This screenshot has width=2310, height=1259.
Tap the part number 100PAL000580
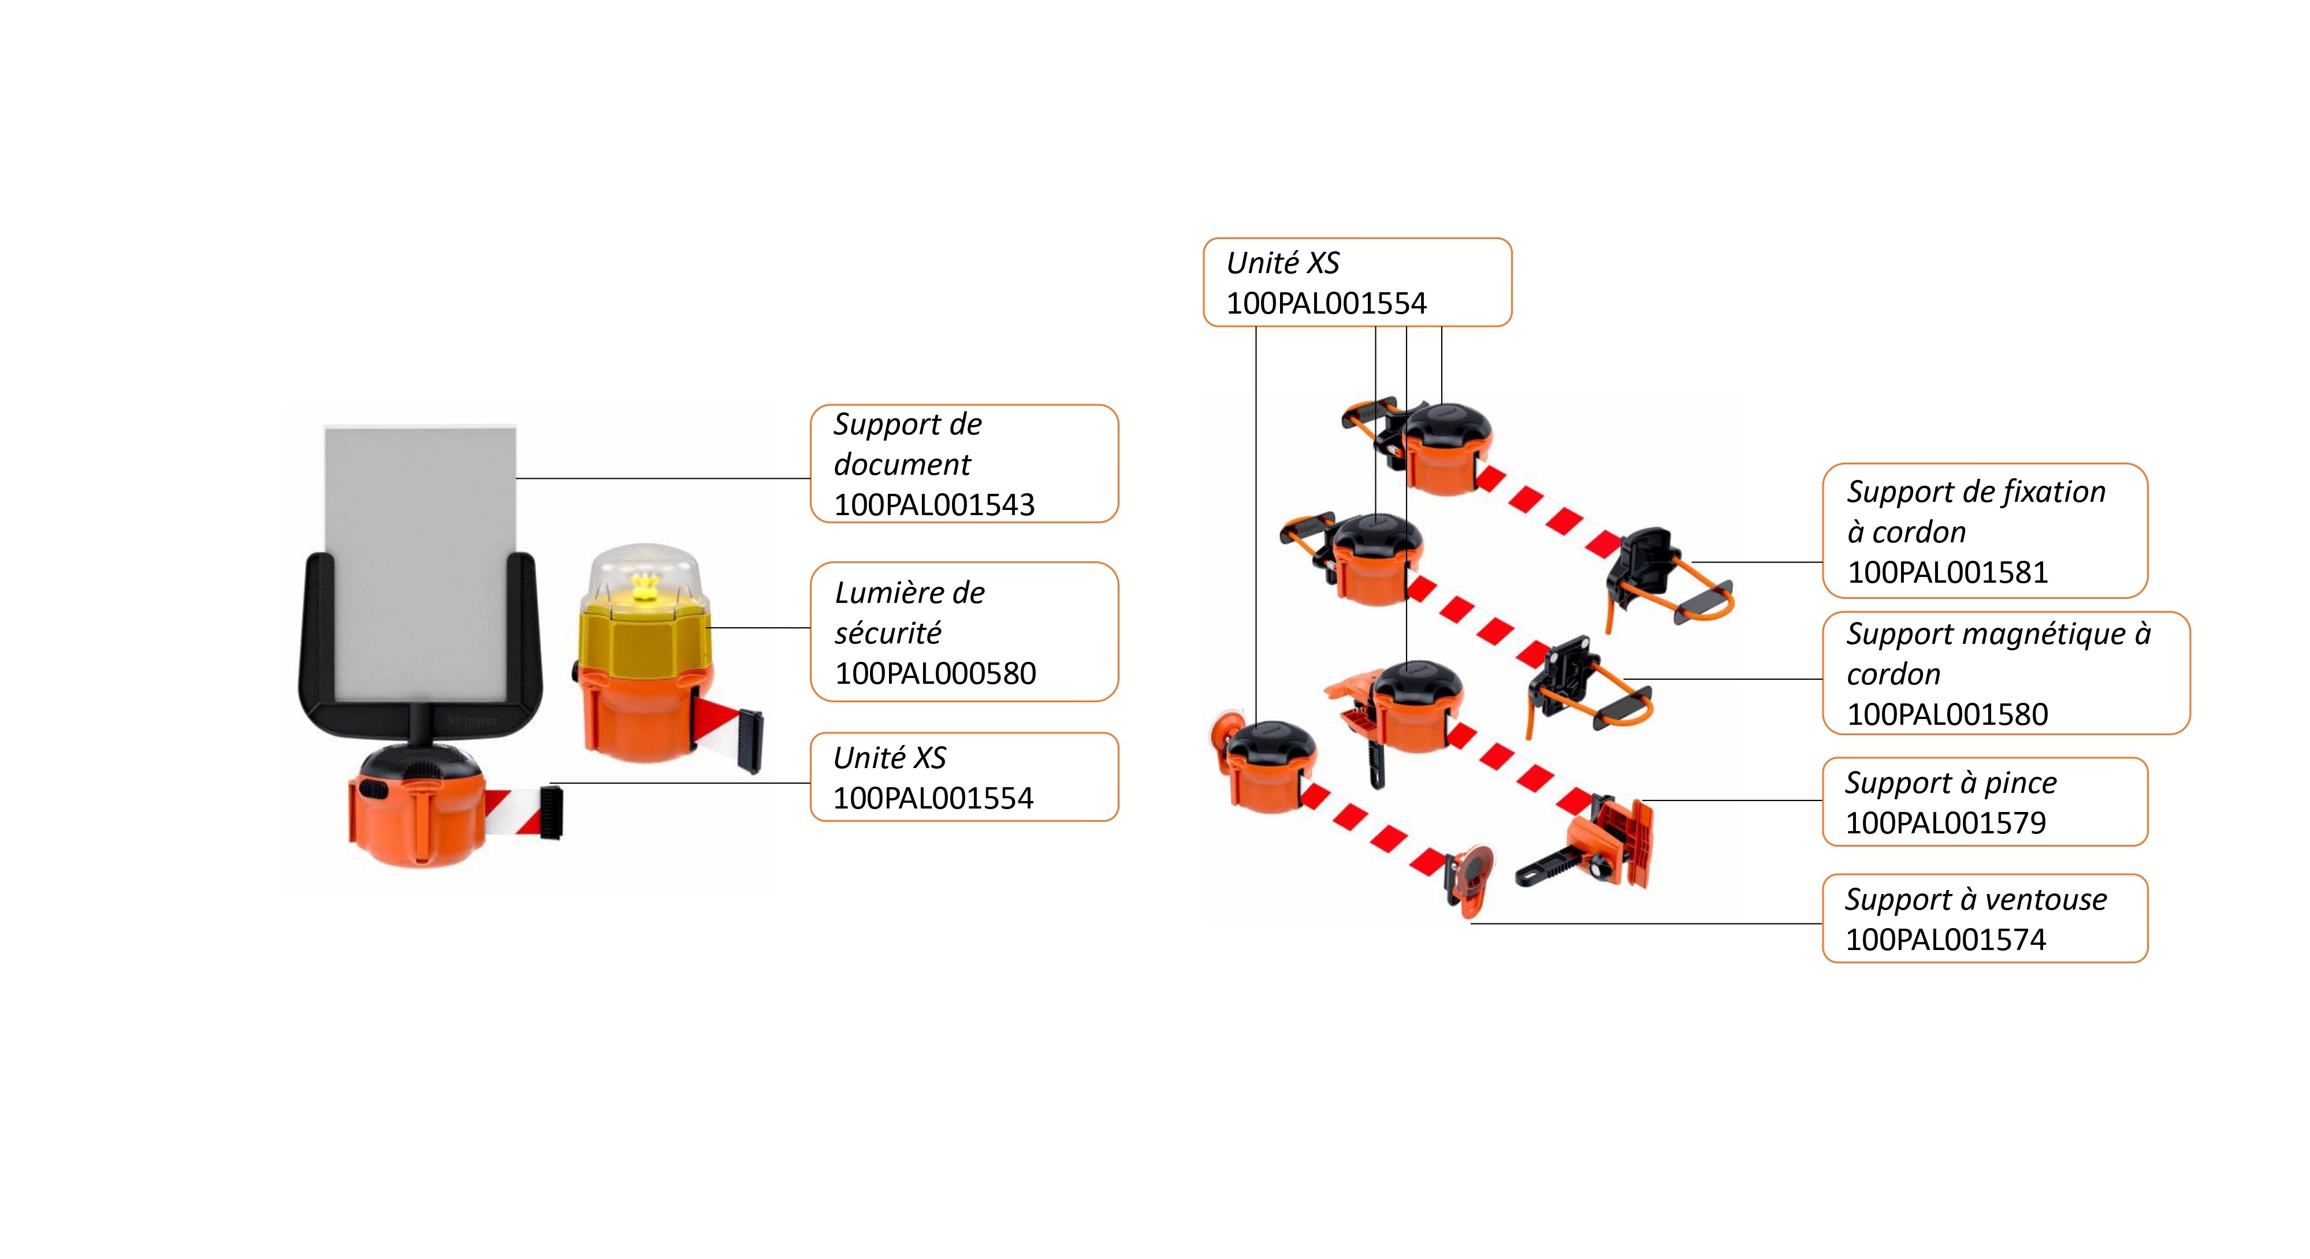(935, 673)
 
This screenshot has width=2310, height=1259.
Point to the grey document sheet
(420, 556)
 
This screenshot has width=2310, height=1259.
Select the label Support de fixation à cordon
(1976, 511)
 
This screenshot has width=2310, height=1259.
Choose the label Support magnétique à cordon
(1998, 654)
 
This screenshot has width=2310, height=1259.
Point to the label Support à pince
(1950, 783)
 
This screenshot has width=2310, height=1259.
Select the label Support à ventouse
(1976, 899)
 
